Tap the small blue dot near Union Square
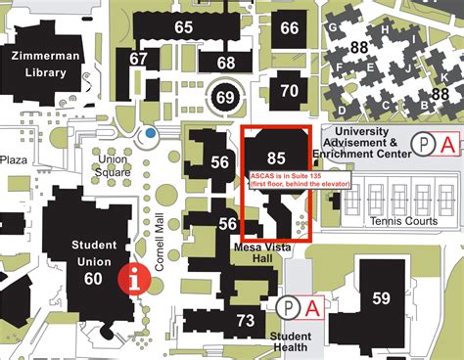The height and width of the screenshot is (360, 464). (149, 132)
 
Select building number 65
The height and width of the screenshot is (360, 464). (183, 27)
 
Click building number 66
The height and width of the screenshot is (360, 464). (289, 28)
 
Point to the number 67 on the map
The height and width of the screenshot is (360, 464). (139, 59)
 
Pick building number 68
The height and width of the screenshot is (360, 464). (226, 63)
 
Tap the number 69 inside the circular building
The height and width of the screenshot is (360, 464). (225, 97)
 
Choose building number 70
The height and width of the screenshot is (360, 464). (289, 91)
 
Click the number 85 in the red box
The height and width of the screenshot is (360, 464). (276, 157)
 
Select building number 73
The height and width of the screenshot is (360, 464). (246, 320)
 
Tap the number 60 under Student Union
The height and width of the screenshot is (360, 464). (93, 279)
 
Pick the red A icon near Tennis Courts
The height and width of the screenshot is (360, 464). (447, 145)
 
